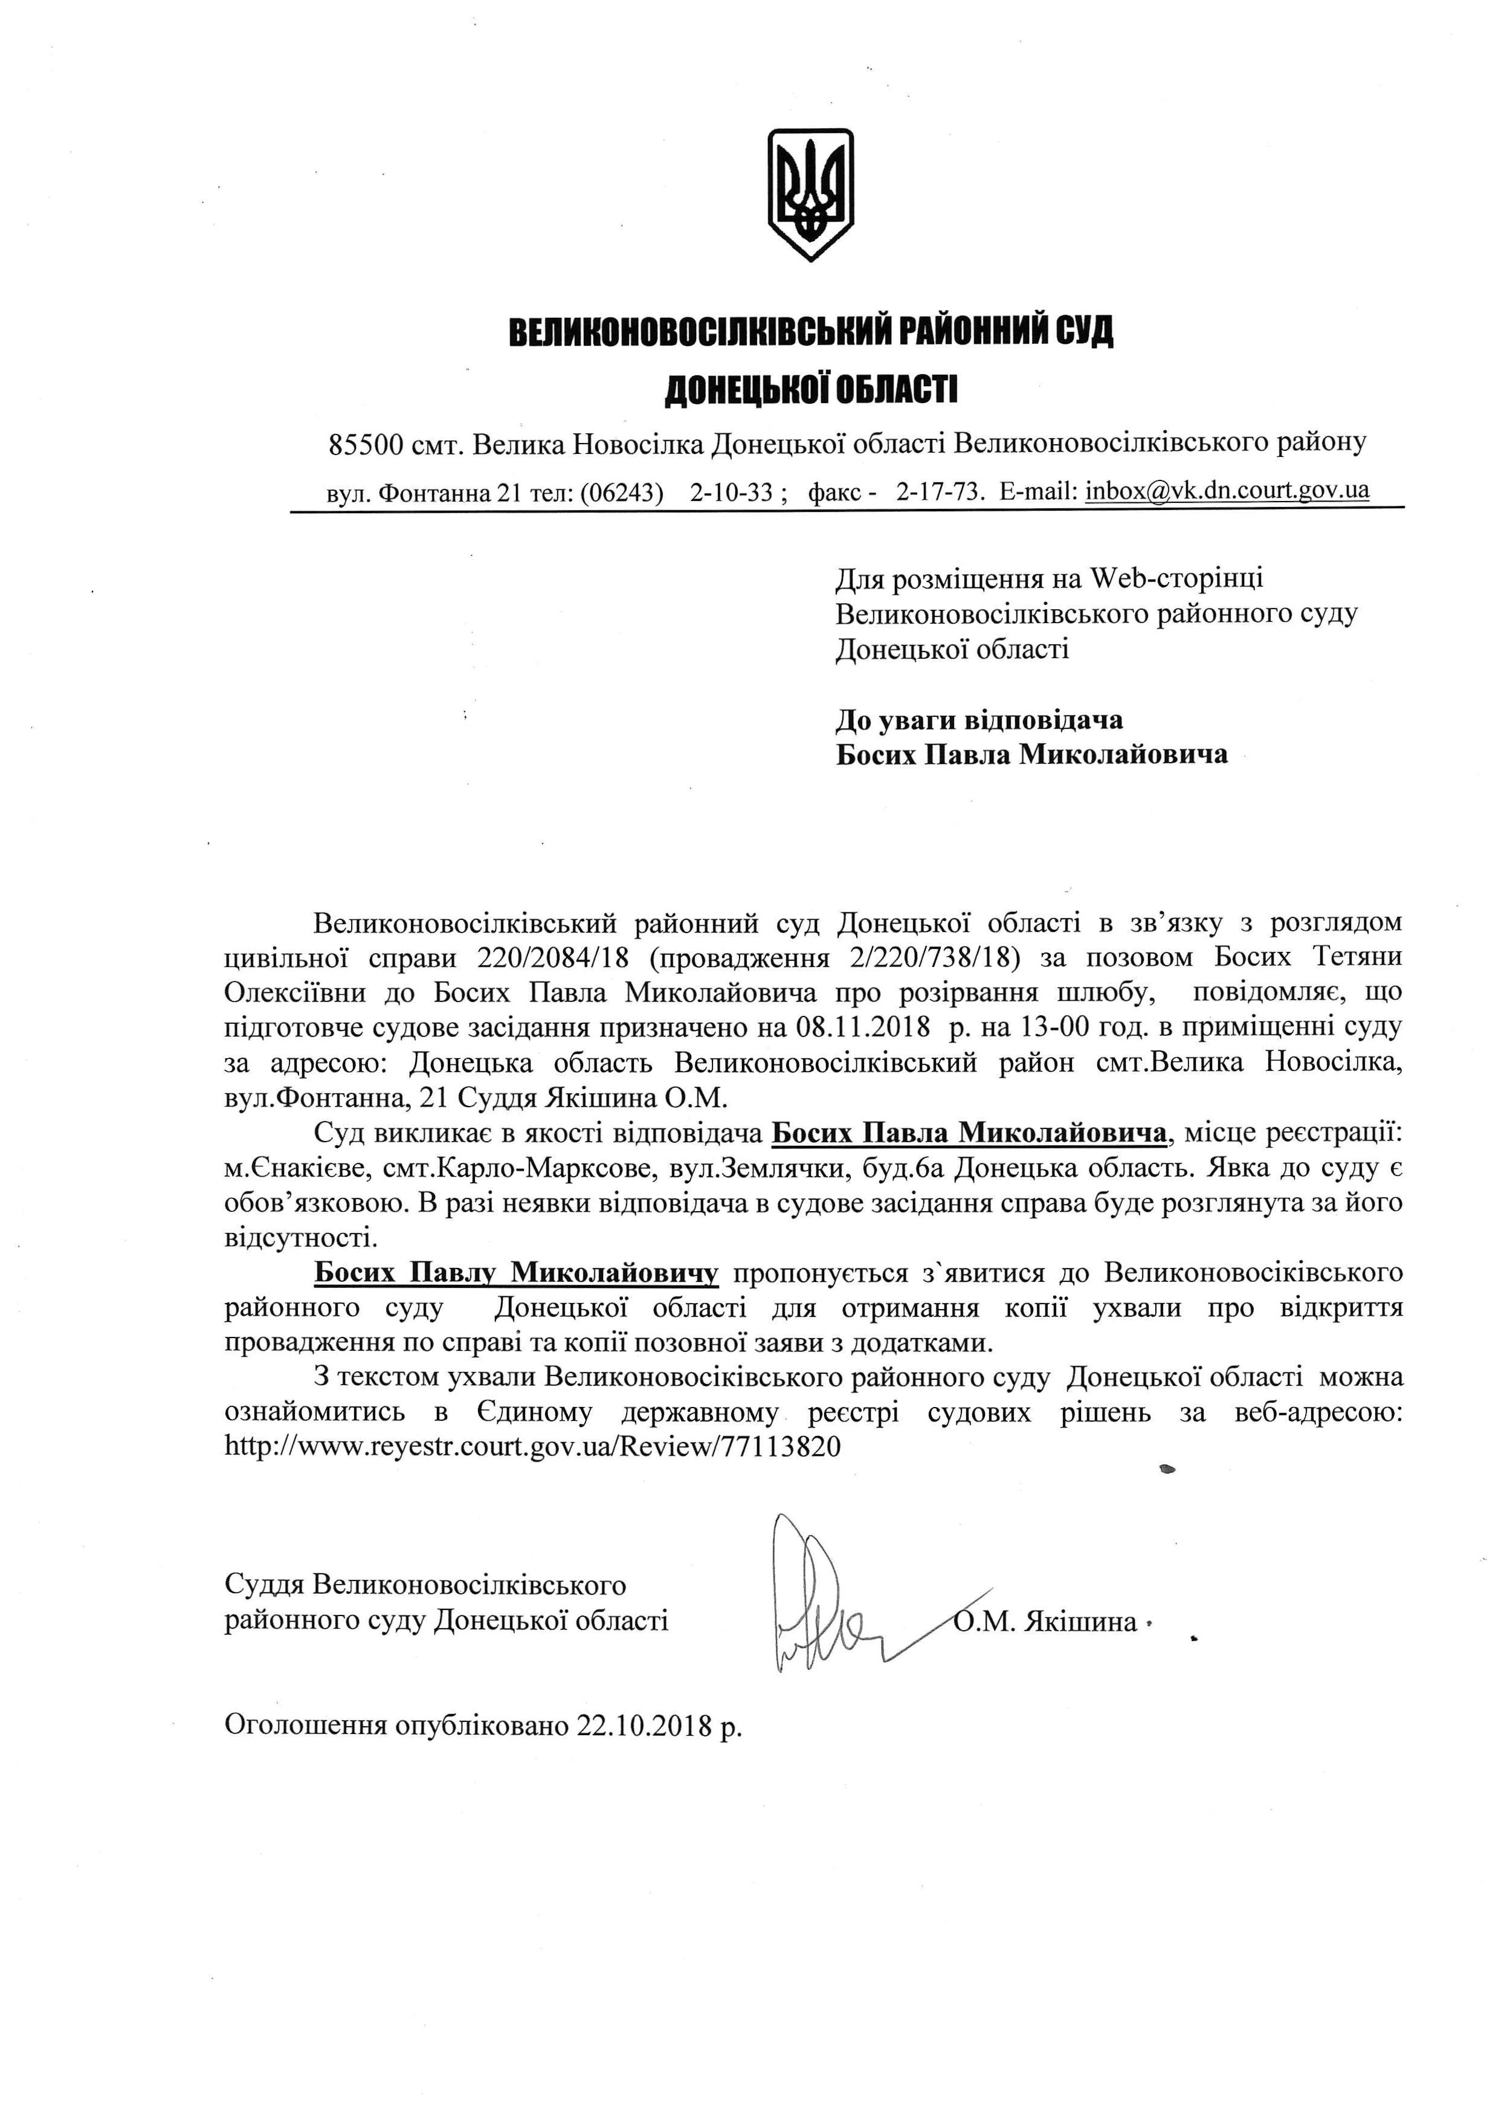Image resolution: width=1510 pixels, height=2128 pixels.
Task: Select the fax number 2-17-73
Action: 939,492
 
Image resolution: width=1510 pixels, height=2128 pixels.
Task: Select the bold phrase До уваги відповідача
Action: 979,720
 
